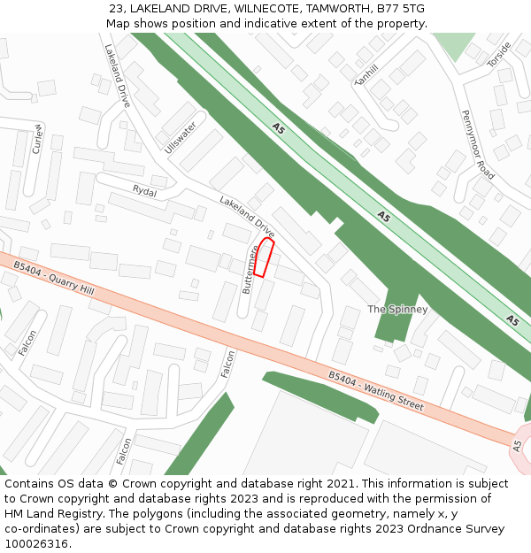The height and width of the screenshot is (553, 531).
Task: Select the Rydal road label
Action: coord(144,191)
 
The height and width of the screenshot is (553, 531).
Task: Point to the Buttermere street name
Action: coord(251,269)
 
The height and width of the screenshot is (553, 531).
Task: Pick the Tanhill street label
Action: coord(366,75)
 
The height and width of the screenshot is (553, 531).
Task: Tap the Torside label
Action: coord(500,55)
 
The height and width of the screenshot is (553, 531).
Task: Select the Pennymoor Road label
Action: coord(478,144)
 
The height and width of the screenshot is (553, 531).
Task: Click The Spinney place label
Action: coord(397,310)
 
